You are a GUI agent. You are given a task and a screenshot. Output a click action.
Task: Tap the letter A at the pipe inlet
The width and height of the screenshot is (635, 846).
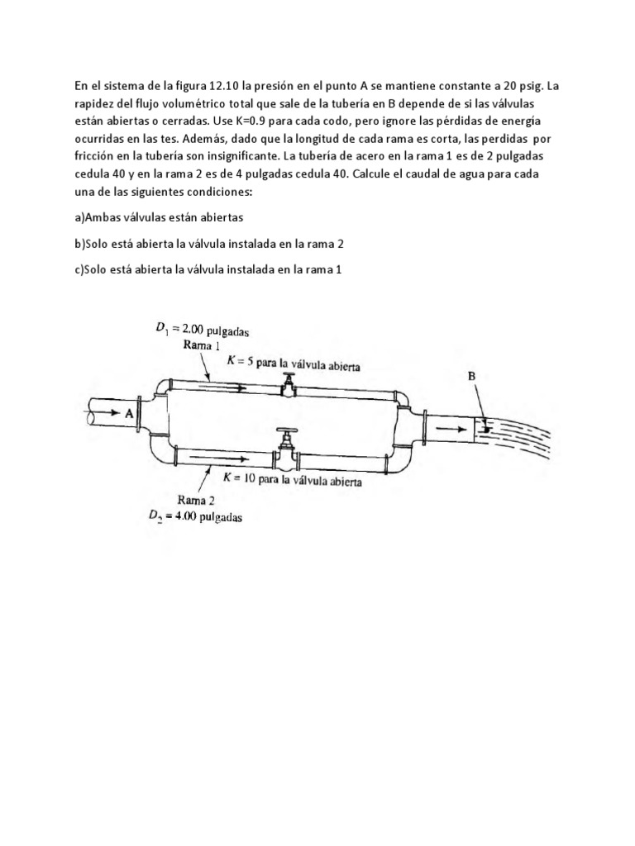(x=130, y=418)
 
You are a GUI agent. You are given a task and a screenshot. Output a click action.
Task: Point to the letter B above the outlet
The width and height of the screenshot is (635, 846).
(x=472, y=376)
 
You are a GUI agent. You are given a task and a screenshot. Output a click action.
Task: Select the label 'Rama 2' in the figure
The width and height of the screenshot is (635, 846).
(x=198, y=499)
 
